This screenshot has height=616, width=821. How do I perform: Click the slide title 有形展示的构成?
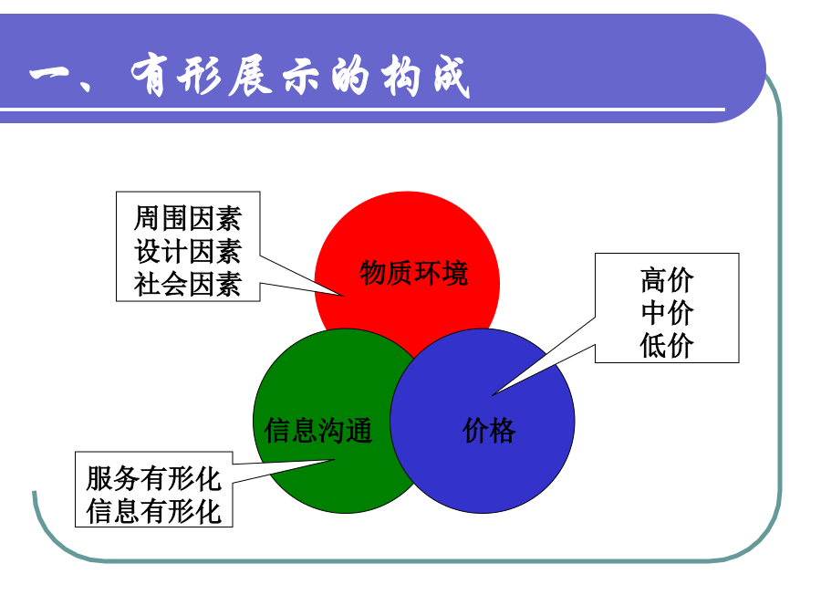[x=300, y=77]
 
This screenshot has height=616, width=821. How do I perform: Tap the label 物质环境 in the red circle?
[x=413, y=273]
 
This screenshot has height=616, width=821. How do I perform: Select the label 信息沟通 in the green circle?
[x=318, y=431]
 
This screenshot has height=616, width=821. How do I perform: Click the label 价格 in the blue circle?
[x=489, y=431]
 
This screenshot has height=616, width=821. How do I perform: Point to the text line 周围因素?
[x=187, y=218]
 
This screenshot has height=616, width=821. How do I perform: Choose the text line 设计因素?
[x=187, y=252]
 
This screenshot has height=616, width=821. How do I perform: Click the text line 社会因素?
[x=187, y=285]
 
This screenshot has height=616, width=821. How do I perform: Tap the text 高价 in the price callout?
[x=667, y=280]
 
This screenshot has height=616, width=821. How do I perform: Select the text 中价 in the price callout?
[x=667, y=313]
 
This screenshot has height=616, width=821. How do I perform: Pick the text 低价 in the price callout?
[x=667, y=346]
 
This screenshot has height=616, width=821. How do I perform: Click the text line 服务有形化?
[x=154, y=479]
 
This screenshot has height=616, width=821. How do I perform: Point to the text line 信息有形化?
[x=154, y=511]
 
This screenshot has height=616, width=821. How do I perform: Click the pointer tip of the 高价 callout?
[x=493, y=395]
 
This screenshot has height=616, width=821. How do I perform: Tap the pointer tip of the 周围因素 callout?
[x=344, y=296]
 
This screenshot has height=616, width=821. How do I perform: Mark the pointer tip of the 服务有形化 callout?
[x=334, y=460]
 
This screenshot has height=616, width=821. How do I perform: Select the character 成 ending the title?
[x=452, y=77]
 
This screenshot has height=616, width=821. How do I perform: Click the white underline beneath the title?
[x=362, y=110]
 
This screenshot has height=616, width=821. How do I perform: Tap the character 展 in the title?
[x=250, y=77]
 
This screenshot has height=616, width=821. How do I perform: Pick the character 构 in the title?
[x=400, y=77]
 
